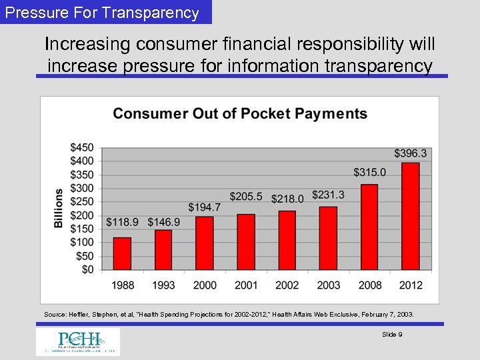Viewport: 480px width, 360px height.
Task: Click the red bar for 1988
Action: point(122,254)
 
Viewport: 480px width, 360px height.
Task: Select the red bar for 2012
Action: point(411,217)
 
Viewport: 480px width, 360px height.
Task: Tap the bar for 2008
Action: point(369,227)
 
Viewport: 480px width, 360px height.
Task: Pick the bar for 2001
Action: point(246,243)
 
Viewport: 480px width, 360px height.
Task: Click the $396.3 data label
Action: point(410,154)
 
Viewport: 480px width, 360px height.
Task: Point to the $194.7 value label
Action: point(205,208)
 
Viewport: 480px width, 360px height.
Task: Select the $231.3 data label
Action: point(329,195)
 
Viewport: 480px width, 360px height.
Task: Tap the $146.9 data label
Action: point(164,221)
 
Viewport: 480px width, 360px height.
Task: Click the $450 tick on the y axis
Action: point(82,147)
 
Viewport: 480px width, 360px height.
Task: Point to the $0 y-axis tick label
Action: point(87,269)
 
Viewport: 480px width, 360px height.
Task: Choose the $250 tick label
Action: point(82,201)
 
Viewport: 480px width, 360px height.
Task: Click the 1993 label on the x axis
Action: point(163,285)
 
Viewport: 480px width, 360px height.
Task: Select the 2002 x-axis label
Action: point(287,285)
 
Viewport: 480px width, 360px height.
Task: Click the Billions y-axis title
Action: point(59,208)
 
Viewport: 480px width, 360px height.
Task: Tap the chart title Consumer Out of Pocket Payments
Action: point(240,114)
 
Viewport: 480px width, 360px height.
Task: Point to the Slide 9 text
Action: point(391,335)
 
